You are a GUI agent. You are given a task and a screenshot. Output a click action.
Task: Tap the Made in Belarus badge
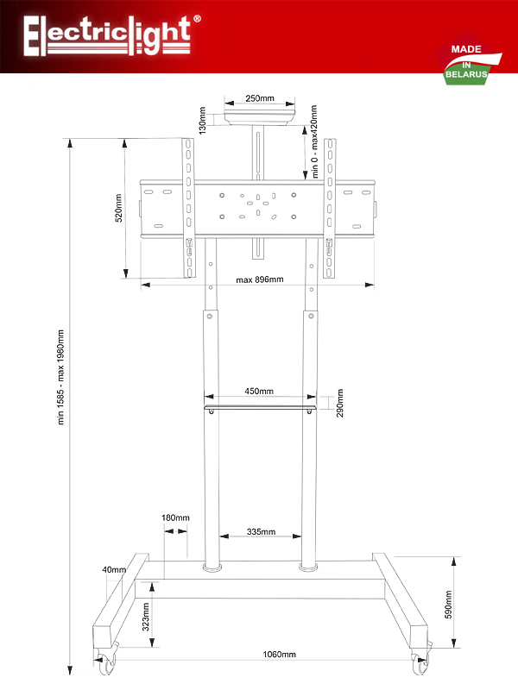coord(467,61)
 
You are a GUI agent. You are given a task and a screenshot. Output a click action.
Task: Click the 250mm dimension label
coord(260,98)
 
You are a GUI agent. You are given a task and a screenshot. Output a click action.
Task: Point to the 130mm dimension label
coord(202,121)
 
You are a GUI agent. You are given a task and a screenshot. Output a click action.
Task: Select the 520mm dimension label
coord(119,208)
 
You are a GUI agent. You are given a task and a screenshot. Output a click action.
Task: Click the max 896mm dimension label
coord(259,279)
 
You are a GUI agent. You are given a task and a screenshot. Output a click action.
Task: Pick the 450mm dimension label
coord(259,391)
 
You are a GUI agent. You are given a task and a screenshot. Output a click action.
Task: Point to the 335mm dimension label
coord(261,532)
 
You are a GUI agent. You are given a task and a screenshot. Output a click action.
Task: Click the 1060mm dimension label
coord(279,655)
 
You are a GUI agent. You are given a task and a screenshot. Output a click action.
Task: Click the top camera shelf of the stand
coord(259,114)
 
